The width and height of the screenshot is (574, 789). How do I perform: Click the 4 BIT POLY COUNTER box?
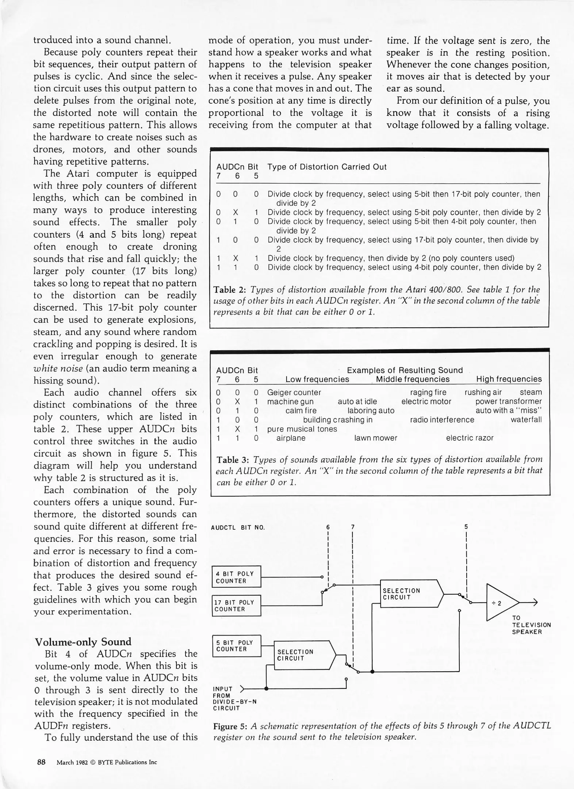(x=236, y=577)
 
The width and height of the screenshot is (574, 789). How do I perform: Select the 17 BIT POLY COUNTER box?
(x=236, y=606)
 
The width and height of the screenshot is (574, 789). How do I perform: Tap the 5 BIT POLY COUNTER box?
(x=236, y=646)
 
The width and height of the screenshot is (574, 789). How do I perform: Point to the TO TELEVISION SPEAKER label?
(x=531, y=625)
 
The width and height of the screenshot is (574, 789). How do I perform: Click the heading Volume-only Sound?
(x=83, y=641)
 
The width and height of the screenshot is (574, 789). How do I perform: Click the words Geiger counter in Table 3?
(x=294, y=392)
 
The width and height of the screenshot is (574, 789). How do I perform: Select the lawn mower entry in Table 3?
(x=375, y=438)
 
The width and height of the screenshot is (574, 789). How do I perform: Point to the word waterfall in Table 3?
(x=526, y=420)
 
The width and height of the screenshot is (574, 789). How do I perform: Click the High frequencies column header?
(x=509, y=379)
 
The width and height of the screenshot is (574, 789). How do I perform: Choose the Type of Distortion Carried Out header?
(x=327, y=167)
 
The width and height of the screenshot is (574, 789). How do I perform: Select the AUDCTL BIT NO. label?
(x=238, y=527)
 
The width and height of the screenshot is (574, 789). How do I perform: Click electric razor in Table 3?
(x=470, y=438)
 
